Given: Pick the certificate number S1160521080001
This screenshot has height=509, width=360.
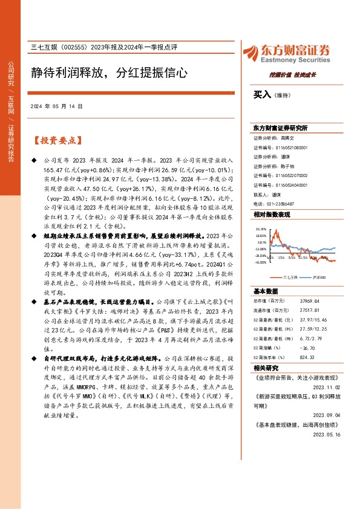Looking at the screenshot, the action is pos(287,147).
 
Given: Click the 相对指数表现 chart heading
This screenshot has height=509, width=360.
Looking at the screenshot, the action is pos(272,215).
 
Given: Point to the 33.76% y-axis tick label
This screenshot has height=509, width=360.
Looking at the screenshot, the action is pos(261,229).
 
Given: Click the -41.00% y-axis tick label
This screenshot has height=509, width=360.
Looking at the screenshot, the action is pos(261,262).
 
